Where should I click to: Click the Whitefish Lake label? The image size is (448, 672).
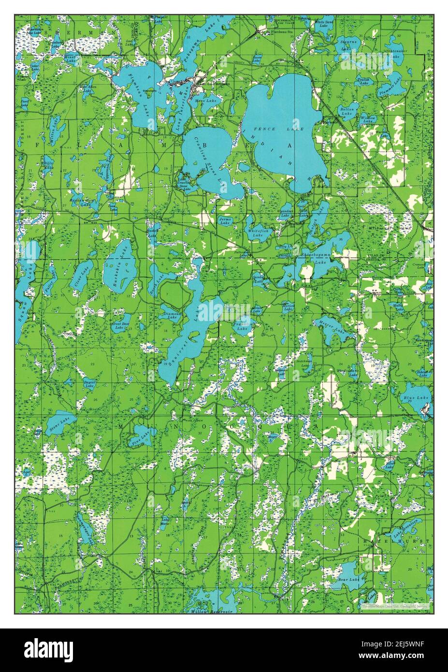[257, 234]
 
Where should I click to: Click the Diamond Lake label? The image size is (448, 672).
[173, 314]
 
